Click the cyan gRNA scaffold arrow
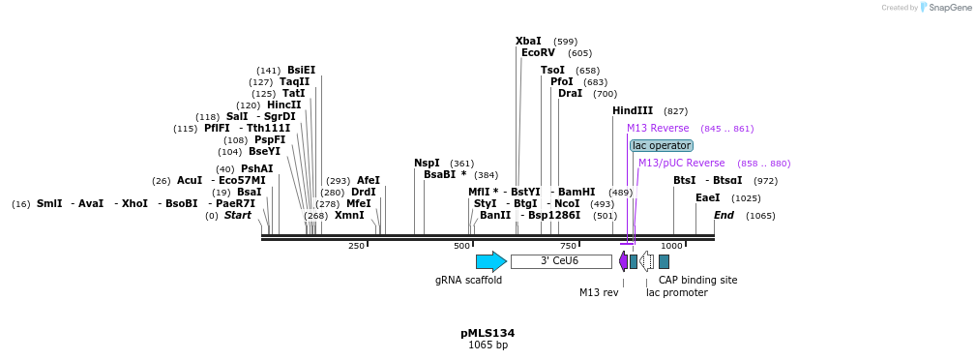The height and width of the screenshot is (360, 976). point(490,261)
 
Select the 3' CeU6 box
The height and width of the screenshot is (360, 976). point(560,261)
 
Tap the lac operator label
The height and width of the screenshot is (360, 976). point(662,145)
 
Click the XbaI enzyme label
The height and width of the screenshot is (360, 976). point(528,41)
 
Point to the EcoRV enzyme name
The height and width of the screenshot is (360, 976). point(538,52)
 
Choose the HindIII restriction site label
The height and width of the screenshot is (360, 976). point(633,110)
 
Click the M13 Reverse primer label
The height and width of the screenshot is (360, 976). point(658,128)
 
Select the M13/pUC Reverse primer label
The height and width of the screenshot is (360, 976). point(681,163)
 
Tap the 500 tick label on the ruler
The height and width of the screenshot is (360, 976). point(462,246)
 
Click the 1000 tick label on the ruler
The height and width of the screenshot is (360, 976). point(672,246)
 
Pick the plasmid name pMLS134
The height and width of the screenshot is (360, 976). point(488,333)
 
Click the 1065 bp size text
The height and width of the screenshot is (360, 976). point(488,345)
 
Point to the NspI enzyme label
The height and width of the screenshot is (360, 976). point(427,163)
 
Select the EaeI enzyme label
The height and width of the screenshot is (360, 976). point(707,197)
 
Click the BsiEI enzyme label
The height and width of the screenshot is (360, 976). point(301,70)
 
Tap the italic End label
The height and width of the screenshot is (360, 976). point(724,215)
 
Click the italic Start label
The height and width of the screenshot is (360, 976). point(238,215)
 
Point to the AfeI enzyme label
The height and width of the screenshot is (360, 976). point(369,180)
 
